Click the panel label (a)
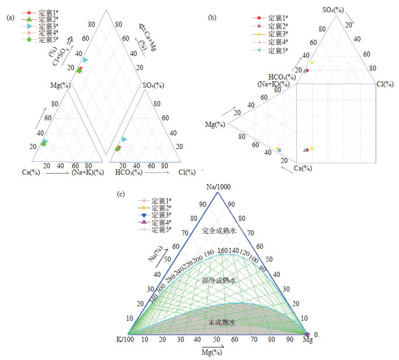pyautogui.click(x=9, y=18)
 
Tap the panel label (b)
pyautogui.click(x=212, y=18)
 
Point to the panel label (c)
pyautogui.click(x=120, y=192)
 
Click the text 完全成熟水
pyautogui.click(x=219, y=231)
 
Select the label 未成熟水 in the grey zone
pyautogui.click(x=221, y=322)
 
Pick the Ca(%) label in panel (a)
pyautogui.click(x=31, y=172)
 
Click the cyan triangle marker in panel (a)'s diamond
pyautogui.click(x=85, y=60)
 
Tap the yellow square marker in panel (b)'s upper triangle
pyautogui.click(x=313, y=63)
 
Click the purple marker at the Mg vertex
pyautogui.click(x=307, y=334)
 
